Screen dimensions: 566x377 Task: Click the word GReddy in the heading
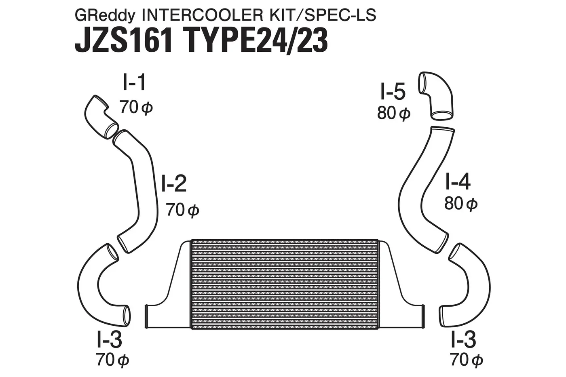[x=105, y=16]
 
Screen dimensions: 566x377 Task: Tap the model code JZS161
[x=124, y=42]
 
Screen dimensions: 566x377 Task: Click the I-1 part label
[x=134, y=82]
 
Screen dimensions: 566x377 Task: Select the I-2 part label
[x=174, y=183]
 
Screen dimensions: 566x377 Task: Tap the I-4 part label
[x=458, y=181]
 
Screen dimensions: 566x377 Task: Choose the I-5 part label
[x=393, y=92]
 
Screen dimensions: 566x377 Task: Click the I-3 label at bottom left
[x=110, y=340]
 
